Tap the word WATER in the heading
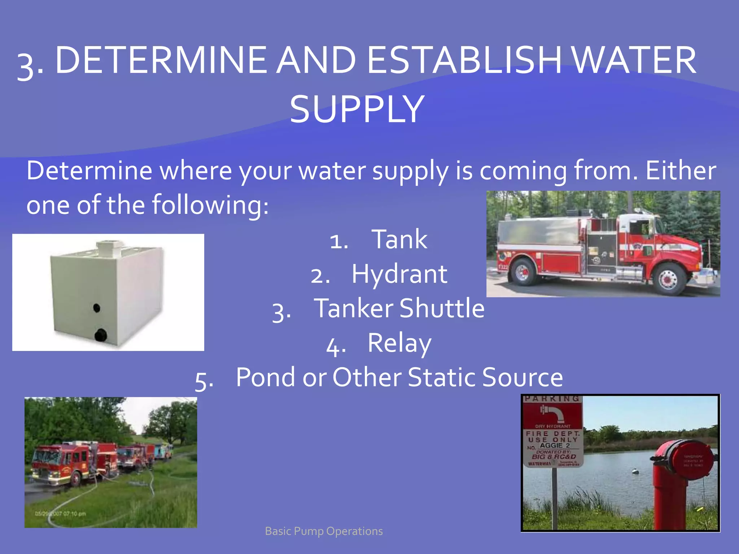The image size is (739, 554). pos(634,60)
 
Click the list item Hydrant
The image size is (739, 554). pos(399,274)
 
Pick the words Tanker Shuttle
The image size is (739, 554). pos(399,308)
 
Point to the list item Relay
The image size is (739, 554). pos(399,343)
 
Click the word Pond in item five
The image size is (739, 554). pos(267,377)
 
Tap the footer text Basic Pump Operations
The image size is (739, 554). pos(324,531)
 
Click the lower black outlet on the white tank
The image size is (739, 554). pos(100,335)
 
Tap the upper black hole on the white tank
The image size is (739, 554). pos(96,308)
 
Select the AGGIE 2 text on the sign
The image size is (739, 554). pos(555,445)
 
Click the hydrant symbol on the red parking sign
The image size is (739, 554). pos(552,413)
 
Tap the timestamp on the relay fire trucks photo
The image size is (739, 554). pos(60,514)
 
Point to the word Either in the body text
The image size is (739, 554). pos(681,171)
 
